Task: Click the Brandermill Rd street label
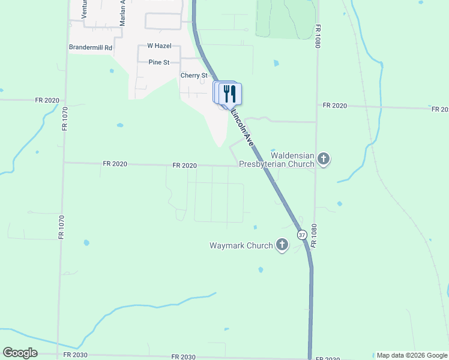91,47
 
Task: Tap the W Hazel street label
159,46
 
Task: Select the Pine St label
159,61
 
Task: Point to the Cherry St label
194,76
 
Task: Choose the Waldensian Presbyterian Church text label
277,160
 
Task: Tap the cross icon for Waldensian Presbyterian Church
324,160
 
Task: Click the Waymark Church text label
240,245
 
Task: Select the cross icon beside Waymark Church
282,245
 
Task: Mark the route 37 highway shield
302,234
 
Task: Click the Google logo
20,353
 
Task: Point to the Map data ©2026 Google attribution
412,355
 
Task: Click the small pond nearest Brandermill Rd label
111,71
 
